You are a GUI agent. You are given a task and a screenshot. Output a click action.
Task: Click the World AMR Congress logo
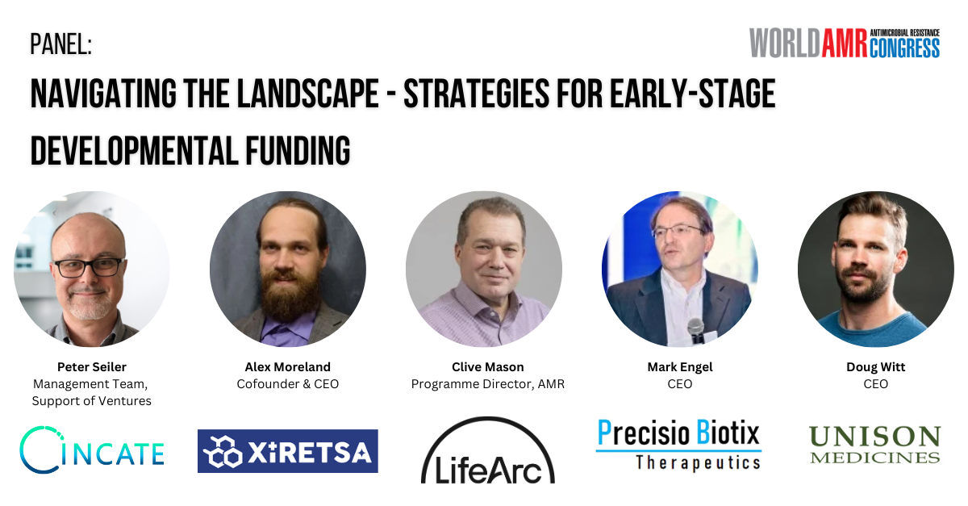[845, 43]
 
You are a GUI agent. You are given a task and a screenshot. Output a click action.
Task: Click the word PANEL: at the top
[61, 44]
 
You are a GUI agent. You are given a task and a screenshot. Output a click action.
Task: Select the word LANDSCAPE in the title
[308, 93]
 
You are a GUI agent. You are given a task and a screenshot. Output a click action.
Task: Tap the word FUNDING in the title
[298, 150]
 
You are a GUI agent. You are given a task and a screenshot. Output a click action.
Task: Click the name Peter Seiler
[92, 366]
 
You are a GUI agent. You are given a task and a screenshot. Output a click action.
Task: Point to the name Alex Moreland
[288, 366]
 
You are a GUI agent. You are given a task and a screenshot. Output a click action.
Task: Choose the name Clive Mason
[488, 366]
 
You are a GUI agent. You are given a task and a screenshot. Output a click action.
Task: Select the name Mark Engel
[680, 367]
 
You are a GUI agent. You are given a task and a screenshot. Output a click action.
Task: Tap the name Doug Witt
[875, 367]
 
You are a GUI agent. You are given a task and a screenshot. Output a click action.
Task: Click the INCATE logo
[92, 450]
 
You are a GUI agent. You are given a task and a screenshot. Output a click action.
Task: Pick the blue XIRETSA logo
[288, 451]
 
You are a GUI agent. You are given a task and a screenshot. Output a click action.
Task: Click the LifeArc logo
[488, 450]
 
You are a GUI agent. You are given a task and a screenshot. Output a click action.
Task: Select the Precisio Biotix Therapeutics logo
[678, 445]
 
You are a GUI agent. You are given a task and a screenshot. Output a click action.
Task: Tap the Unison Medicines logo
[875, 445]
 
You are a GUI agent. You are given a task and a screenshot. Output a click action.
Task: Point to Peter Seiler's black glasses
[90, 267]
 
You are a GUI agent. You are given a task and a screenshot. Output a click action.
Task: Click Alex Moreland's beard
[287, 294]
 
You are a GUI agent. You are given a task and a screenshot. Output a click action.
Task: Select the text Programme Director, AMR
[488, 384]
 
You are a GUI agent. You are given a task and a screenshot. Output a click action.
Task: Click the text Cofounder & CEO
[288, 384]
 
